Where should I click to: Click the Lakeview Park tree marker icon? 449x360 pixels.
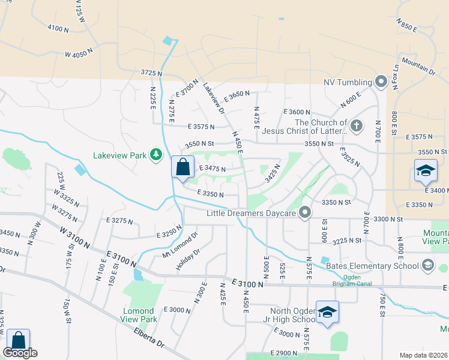[156, 155]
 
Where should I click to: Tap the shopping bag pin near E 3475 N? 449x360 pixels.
[182, 167]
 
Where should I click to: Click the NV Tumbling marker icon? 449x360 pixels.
[381, 81]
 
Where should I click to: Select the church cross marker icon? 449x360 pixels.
[357, 126]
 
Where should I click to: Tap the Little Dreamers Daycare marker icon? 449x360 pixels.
[306, 212]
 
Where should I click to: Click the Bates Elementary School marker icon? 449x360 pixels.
[427, 265]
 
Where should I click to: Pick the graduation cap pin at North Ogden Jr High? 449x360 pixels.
[327, 312]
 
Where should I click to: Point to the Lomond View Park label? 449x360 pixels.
[140, 315]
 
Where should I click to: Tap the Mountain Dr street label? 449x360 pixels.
[418, 66]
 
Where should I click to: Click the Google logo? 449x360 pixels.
[19, 353]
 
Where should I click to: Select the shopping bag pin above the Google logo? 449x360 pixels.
[18, 340]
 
